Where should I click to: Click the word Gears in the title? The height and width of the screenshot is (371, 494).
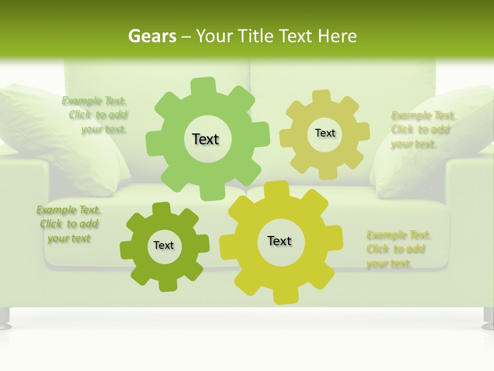pyautogui.click(x=151, y=37)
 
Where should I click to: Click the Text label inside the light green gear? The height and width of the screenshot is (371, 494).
pyautogui.click(x=205, y=139)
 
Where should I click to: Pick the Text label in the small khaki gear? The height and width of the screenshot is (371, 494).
pyautogui.click(x=325, y=133)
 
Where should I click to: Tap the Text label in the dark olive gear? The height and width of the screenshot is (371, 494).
pyautogui.click(x=164, y=245)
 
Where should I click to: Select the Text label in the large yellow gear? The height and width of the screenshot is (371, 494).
pyautogui.click(x=279, y=241)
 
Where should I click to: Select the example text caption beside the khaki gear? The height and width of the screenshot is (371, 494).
pyautogui.click(x=422, y=129)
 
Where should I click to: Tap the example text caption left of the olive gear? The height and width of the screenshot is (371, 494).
pyautogui.click(x=69, y=224)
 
